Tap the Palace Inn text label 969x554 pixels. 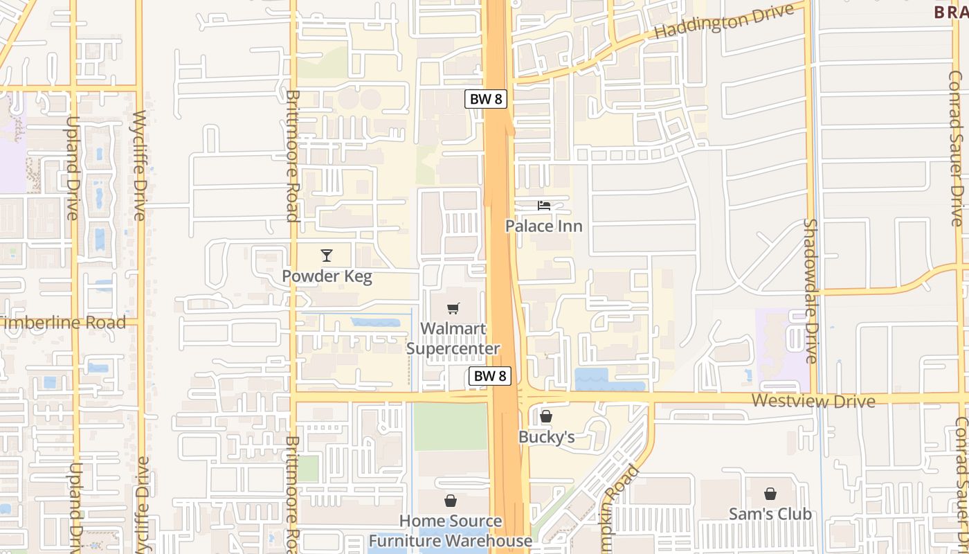(543, 226)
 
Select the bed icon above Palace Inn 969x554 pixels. (544, 206)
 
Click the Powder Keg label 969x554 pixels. (327, 277)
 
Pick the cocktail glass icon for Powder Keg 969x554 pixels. (327, 256)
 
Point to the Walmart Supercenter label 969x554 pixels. (453, 338)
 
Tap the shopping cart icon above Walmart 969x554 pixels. (453, 308)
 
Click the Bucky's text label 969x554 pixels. (546, 437)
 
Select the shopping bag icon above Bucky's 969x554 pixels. (546, 416)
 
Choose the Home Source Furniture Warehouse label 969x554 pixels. (451, 530)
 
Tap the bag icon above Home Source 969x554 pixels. (451, 500)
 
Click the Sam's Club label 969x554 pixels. (770, 514)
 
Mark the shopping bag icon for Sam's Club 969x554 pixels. (770, 494)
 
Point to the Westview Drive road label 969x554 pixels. (813, 401)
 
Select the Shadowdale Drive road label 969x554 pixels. (811, 291)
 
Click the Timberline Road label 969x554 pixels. (64, 323)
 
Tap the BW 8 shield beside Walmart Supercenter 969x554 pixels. (490, 376)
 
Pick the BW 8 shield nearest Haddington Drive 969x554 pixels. (486, 99)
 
